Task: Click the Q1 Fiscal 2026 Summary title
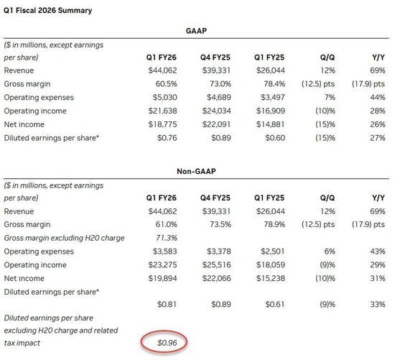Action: [47, 11]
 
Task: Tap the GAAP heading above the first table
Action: [196, 31]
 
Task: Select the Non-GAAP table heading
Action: [196, 172]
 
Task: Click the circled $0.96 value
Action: [167, 343]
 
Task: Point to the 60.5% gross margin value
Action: [167, 84]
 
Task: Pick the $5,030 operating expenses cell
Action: [164, 97]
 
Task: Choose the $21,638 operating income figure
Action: [162, 111]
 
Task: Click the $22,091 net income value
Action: [216, 124]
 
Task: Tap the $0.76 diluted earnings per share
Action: [167, 138]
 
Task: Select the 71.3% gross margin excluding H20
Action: [167, 238]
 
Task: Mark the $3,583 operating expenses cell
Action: [164, 251]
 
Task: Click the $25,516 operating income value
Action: [216, 265]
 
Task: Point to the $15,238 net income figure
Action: [270, 279]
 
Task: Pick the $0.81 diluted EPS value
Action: [167, 305]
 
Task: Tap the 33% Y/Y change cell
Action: [377, 305]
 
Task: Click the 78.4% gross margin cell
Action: [274, 84]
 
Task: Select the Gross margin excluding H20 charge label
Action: [64, 238]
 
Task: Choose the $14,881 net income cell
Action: [270, 124]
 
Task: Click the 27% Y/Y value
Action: [377, 138]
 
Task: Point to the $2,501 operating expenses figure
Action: [272, 251]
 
